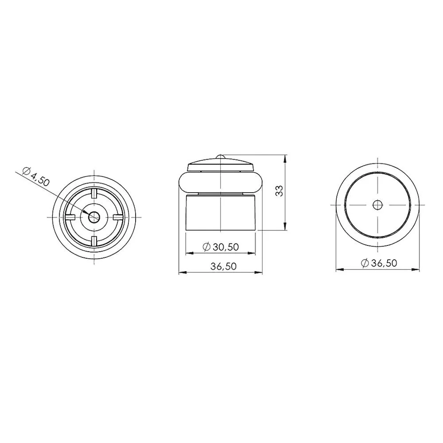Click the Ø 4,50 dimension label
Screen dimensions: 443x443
coord(36,177)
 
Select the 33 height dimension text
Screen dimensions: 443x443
coord(279,191)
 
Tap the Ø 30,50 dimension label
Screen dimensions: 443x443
coord(221,247)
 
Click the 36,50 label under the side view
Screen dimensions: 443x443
coord(223,266)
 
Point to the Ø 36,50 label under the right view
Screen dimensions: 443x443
coord(379,263)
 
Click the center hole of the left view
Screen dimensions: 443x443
coord(94,217)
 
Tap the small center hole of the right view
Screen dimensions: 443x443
coord(377,205)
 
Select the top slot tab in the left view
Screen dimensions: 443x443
coord(94,193)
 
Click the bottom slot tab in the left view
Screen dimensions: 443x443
coord(94,241)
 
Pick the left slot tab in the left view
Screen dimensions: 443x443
coord(70,217)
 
